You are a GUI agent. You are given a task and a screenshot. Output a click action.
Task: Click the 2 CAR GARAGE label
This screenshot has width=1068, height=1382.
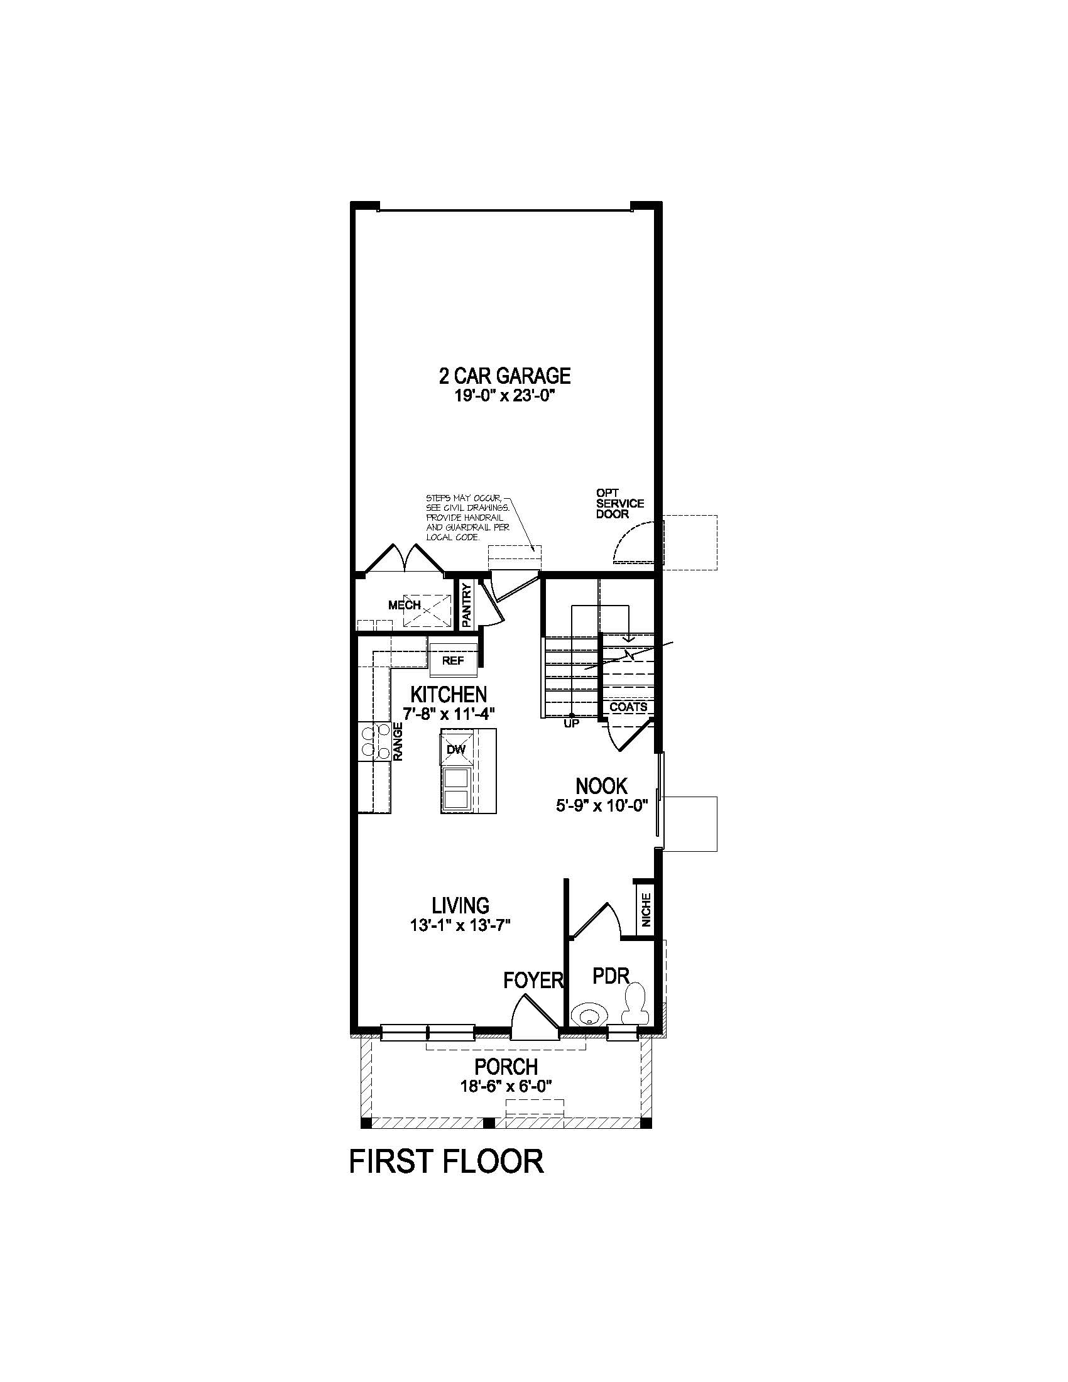[504, 376]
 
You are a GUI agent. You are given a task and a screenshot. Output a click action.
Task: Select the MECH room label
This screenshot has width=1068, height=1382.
[405, 606]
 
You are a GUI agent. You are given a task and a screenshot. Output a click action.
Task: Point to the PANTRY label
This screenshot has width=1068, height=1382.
[467, 606]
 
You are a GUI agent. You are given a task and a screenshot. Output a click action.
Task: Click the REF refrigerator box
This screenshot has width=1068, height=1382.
[453, 661]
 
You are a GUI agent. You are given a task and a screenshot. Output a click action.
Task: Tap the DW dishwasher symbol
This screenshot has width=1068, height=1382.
[456, 749]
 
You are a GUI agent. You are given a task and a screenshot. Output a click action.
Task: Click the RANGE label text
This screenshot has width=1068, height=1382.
[398, 741]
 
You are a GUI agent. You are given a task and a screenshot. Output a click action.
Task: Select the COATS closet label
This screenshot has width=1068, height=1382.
[628, 707]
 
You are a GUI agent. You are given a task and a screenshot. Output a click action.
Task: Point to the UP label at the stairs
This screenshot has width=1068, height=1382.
[571, 724]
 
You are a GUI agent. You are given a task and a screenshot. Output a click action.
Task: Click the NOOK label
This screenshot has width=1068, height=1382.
[601, 786]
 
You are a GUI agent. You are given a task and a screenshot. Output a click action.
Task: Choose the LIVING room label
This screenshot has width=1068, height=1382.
[460, 905]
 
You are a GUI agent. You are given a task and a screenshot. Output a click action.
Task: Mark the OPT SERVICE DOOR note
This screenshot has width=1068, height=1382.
[619, 503]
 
